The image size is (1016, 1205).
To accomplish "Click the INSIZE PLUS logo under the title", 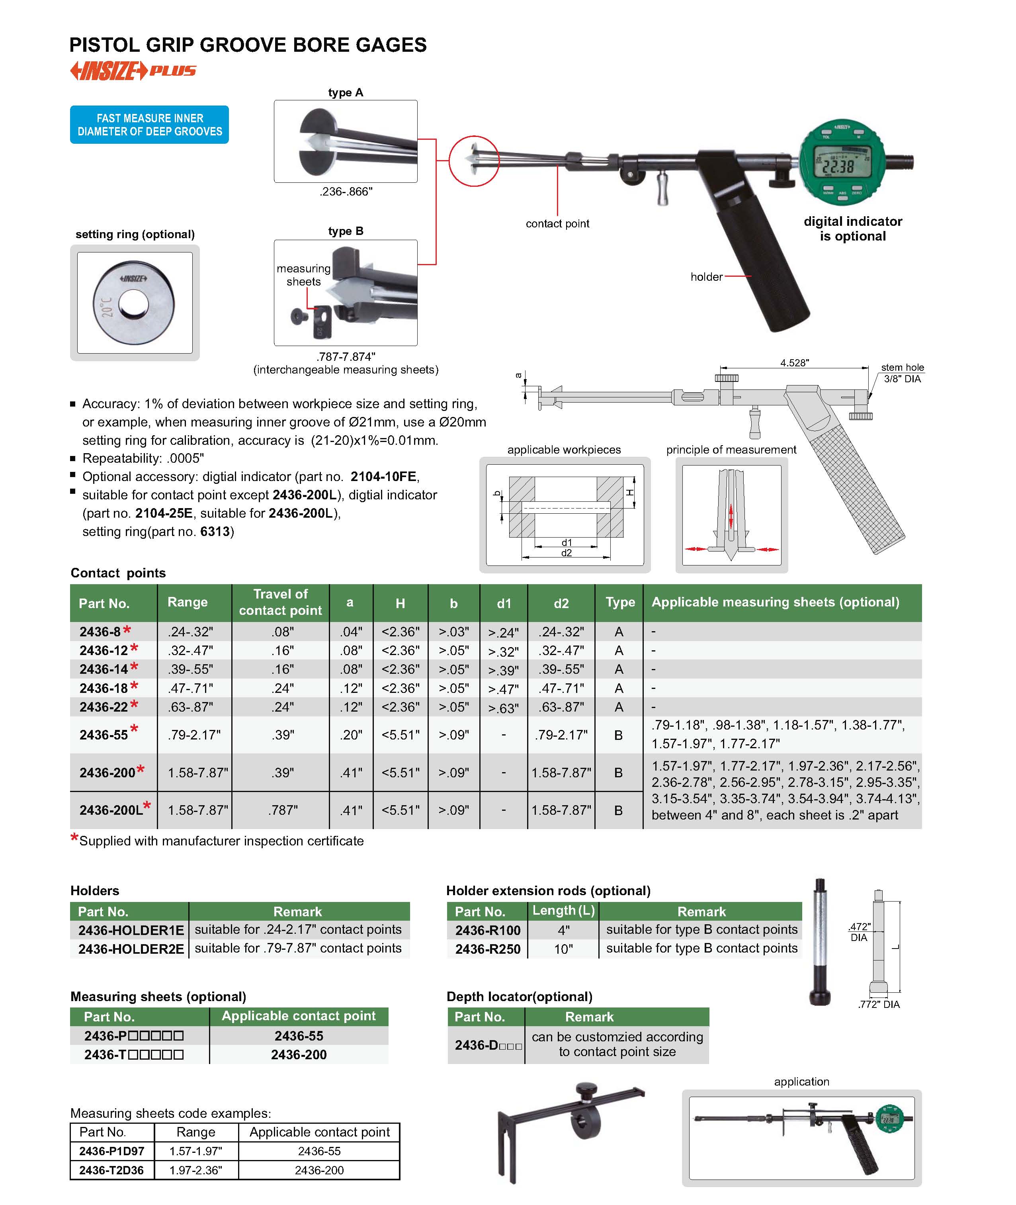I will click(x=133, y=71).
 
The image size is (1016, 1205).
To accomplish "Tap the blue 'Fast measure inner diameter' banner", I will click(x=149, y=124).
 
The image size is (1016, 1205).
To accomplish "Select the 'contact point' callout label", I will click(x=557, y=223).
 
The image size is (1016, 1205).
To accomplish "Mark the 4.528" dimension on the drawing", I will click(x=794, y=362).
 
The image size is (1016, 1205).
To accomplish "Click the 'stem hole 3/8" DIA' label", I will click(x=902, y=373).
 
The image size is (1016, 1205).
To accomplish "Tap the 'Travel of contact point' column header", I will click(x=281, y=602).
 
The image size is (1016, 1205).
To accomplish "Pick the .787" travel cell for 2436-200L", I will click(x=283, y=810).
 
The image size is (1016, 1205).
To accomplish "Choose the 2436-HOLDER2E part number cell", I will click(x=131, y=949).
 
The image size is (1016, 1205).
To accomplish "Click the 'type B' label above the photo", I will click(x=346, y=231).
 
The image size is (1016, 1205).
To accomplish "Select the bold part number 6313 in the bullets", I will click(x=215, y=531).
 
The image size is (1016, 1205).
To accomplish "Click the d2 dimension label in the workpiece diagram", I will click(x=566, y=553).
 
